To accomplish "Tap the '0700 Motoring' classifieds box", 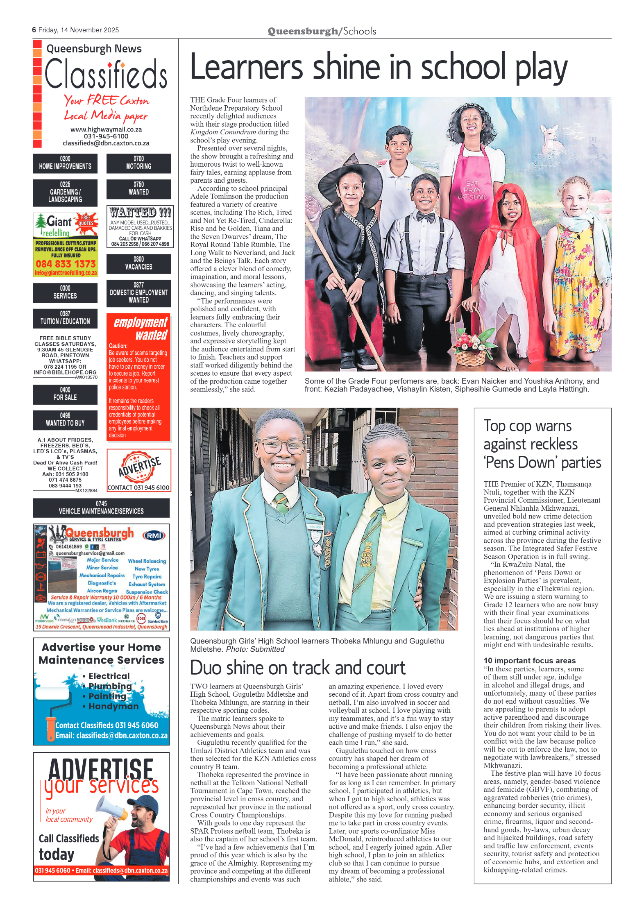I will (x=138, y=163).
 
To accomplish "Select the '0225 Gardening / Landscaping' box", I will (x=65, y=193).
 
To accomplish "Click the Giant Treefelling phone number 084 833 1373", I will (x=66, y=264).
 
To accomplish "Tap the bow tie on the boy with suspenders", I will (x=425, y=217).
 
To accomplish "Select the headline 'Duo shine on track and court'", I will (x=297, y=668).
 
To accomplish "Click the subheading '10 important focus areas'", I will (x=529, y=660).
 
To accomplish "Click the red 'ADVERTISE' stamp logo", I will (x=139, y=467).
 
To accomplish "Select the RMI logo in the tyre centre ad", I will (x=154, y=535).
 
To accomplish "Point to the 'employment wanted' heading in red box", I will (x=140, y=328).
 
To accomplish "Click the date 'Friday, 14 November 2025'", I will (x=78, y=30).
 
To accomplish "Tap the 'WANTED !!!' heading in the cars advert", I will (x=140, y=212).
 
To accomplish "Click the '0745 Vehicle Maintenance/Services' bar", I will (x=101, y=508).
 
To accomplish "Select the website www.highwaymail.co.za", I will (x=106, y=129).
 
